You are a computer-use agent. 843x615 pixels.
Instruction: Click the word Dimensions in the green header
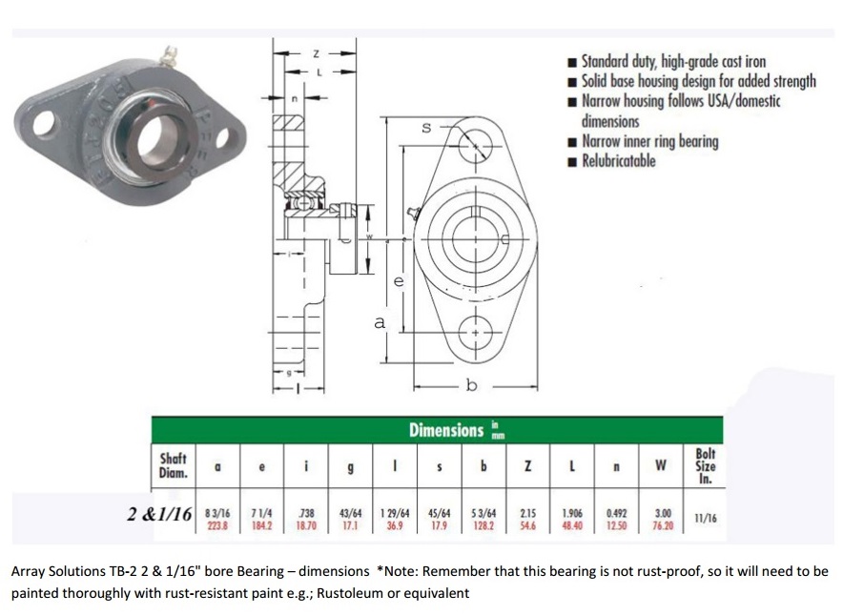coord(446,430)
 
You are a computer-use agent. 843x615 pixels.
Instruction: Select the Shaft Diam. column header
coord(173,465)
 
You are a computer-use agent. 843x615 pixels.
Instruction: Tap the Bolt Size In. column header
coord(705,466)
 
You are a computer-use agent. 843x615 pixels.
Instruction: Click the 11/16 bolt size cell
coord(706,519)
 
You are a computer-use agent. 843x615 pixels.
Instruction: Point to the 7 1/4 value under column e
coord(261,519)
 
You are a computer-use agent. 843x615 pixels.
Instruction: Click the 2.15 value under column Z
coord(527,519)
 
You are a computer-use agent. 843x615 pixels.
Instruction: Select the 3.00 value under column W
coord(661,519)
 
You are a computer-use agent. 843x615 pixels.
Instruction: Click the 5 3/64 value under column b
coord(483,519)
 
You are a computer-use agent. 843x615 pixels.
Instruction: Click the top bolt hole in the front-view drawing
coord(474,147)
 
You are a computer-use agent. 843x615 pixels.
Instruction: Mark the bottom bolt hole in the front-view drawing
coord(474,332)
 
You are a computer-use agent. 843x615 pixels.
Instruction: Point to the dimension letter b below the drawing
coord(470,385)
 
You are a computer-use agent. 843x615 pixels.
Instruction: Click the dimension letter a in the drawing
coord(380,323)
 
